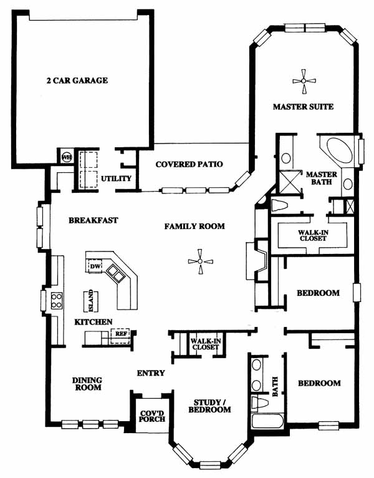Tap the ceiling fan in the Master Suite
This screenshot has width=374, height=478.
[x=304, y=81]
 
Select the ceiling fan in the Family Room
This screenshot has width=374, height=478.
[x=200, y=261]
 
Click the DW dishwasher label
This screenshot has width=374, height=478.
[x=95, y=266]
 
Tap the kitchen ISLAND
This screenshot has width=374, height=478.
[x=91, y=301]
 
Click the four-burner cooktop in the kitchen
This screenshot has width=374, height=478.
[x=57, y=301]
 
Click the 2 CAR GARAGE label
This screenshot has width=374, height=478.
[x=77, y=80]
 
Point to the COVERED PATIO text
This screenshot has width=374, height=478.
[x=189, y=164]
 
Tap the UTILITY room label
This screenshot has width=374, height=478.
[x=116, y=178]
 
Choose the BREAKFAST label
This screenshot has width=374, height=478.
[x=93, y=220]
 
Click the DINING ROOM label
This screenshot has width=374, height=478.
[x=87, y=384]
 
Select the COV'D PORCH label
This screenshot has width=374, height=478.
[x=152, y=416]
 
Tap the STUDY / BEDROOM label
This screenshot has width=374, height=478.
[x=209, y=406]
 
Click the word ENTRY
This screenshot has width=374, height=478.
[x=151, y=373]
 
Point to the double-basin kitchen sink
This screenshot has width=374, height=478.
[x=115, y=272]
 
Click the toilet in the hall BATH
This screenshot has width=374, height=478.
[x=260, y=402]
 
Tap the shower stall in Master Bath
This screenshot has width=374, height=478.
[x=290, y=182]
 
